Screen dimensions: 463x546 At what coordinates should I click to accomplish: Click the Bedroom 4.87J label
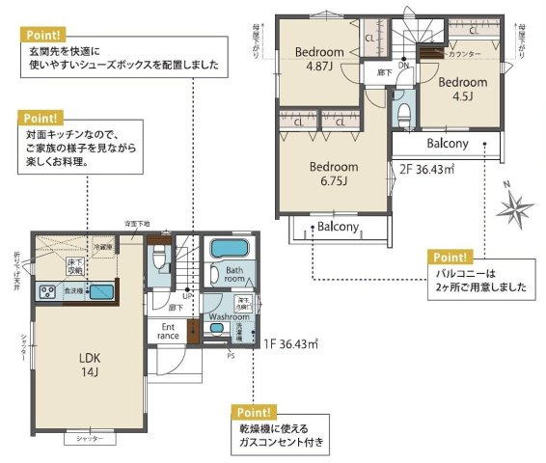coord(320,59)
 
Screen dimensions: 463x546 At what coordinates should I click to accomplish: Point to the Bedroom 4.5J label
coord(463,90)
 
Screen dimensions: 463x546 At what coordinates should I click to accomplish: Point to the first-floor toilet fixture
coord(161,259)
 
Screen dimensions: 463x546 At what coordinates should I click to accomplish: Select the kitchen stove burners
coord(47,291)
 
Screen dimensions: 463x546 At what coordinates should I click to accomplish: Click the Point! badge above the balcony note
coord(450,258)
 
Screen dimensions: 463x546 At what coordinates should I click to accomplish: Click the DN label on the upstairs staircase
coord(403,66)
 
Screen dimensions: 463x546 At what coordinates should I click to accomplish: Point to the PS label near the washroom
coord(229,355)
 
